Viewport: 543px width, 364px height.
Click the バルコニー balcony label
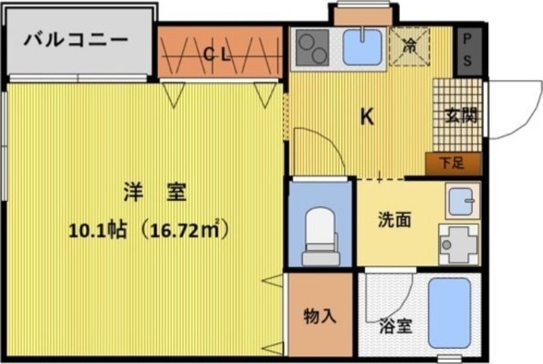tap(75, 39)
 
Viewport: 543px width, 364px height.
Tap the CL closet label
tap(217, 54)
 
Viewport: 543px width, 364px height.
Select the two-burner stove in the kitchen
tap(312, 47)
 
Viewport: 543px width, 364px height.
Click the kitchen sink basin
tap(362, 47)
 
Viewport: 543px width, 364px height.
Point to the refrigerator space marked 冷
tap(409, 45)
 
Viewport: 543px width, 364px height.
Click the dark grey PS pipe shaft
tap(468, 51)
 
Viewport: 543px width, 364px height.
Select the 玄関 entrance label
tap(461, 115)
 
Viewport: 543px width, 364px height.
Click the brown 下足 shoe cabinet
tap(453, 164)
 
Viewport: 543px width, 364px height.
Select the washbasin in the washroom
tap(463, 201)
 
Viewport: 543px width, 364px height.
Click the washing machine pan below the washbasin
tap(459, 244)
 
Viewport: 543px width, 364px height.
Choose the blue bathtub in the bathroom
tap(449, 313)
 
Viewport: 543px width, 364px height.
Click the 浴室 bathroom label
tap(396, 326)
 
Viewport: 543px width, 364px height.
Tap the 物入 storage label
tap(320, 316)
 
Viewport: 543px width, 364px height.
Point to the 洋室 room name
tap(155, 193)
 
